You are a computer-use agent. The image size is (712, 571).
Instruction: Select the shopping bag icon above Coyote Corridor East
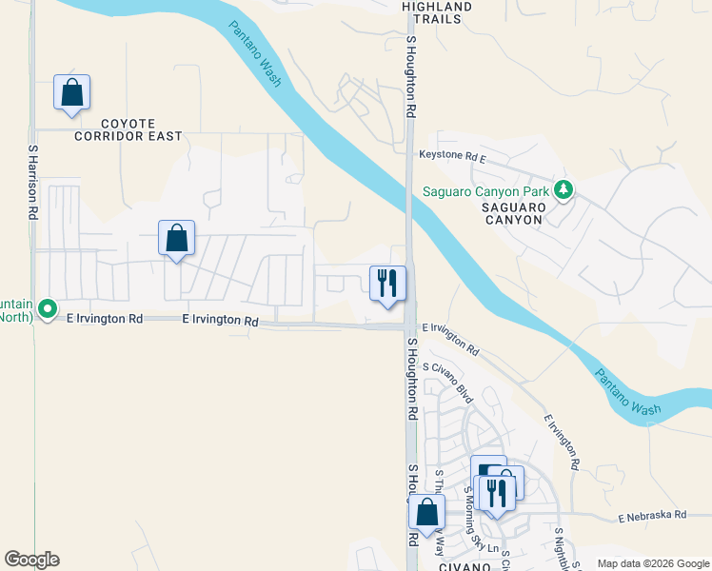coord(71,93)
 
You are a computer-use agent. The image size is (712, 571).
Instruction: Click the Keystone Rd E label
coord(452,155)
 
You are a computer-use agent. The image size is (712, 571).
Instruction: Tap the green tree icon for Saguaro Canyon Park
coord(564,190)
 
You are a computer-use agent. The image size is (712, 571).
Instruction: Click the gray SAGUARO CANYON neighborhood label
coord(512,213)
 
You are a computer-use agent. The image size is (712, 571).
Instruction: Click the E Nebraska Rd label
coord(652,516)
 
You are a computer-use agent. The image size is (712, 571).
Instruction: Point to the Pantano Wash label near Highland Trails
coord(255,54)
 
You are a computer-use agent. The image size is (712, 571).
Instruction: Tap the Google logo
coord(31,560)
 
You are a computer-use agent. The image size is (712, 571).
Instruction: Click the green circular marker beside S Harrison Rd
coord(46,310)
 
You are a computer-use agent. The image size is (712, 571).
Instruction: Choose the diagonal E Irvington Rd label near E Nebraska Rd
coord(562,442)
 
